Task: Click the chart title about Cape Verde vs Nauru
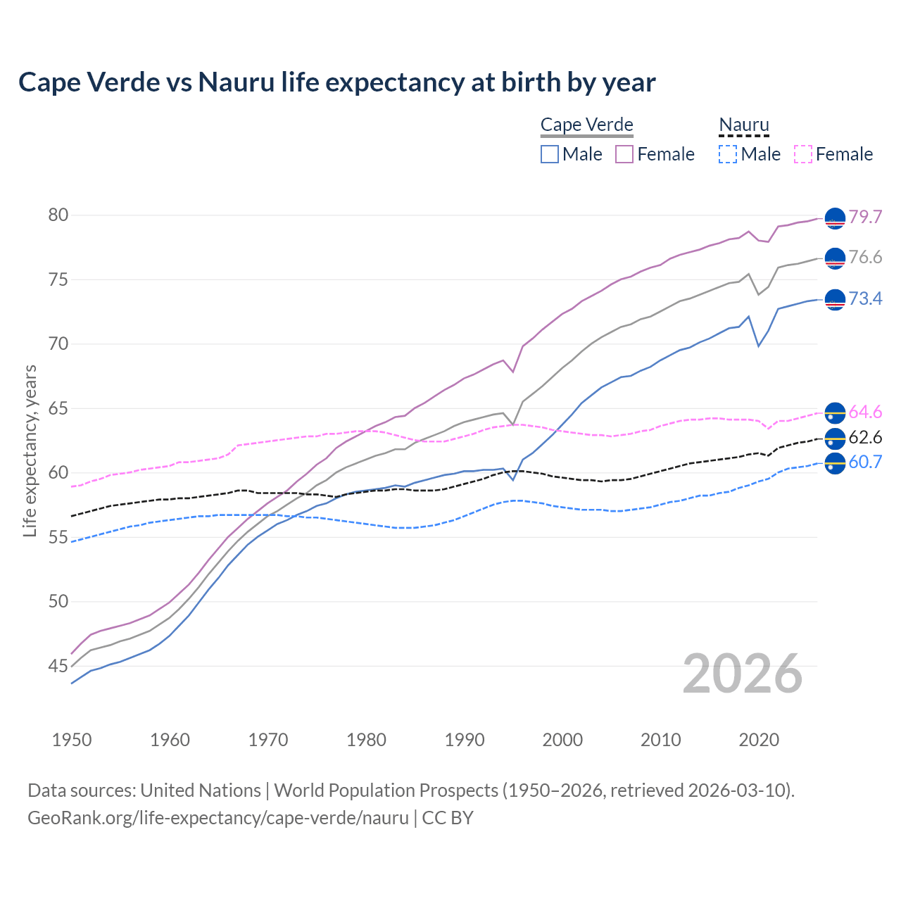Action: pyautogui.click(x=336, y=82)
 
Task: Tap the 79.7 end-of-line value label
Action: pyautogui.click(x=865, y=217)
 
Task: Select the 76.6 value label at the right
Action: pyautogui.click(x=865, y=258)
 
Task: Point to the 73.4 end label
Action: pyautogui.click(x=865, y=299)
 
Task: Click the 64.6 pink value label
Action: pyautogui.click(x=865, y=412)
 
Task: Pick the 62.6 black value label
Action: pyautogui.click(x=865, y=438)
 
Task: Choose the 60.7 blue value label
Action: pyautogui.click(x=865, y=462)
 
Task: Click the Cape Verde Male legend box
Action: pyautogui.click(x=550, y=154)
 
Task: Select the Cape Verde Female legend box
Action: pyautogui.click(x=624, y=154)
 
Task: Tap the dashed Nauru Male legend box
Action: pyautogui.click(x=728, y=154)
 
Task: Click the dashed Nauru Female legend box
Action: pyautogui.click(x=802, y=154)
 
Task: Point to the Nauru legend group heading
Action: pyautogui.click(x=744, y=125)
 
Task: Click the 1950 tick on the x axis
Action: pyautogui.click(x=72, y=740)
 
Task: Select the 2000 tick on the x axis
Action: pyautogui.click(x=562, y=740)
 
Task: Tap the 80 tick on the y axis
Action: pyautogui.click(x=58, y=215)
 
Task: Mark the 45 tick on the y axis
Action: pyautogui.click(x=58, y=666)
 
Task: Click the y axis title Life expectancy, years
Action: pyautogui.click(x=30, y=450)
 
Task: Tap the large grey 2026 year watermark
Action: pyautogui.click(x=743, y=674)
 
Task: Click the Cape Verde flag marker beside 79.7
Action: pyautogui.click(x=835, y=219)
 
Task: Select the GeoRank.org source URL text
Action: pyautogui.click(x=218, y=818)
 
